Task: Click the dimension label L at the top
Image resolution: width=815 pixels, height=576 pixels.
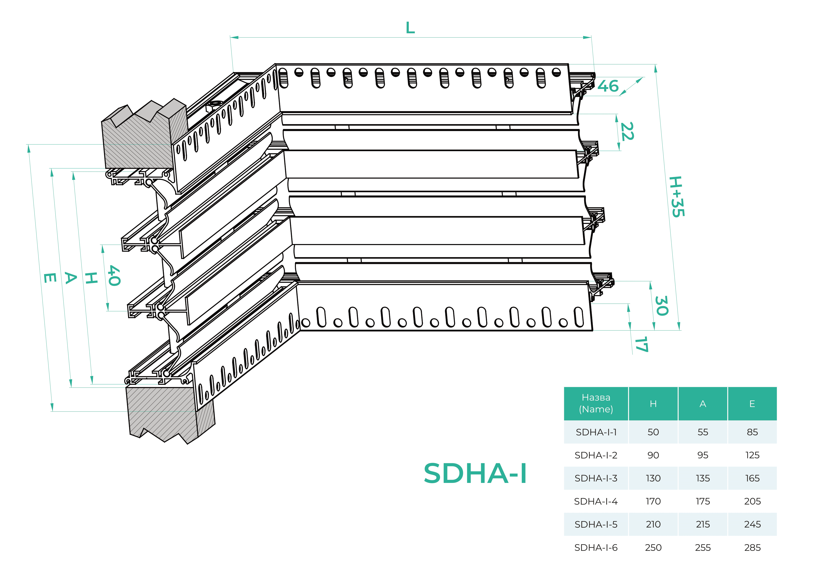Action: click(410, 28)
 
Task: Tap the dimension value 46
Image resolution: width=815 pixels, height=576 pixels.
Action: click(608, 86)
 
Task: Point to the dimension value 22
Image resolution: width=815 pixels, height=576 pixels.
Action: click(627, 131)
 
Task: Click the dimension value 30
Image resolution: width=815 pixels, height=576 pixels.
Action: click(662, 306)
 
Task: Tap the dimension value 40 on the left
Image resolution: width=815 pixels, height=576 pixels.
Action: click(114, 275)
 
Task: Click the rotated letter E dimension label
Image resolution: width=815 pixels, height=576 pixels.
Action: click(50, 278)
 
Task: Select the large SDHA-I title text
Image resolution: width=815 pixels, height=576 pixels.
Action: click(475, 474)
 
